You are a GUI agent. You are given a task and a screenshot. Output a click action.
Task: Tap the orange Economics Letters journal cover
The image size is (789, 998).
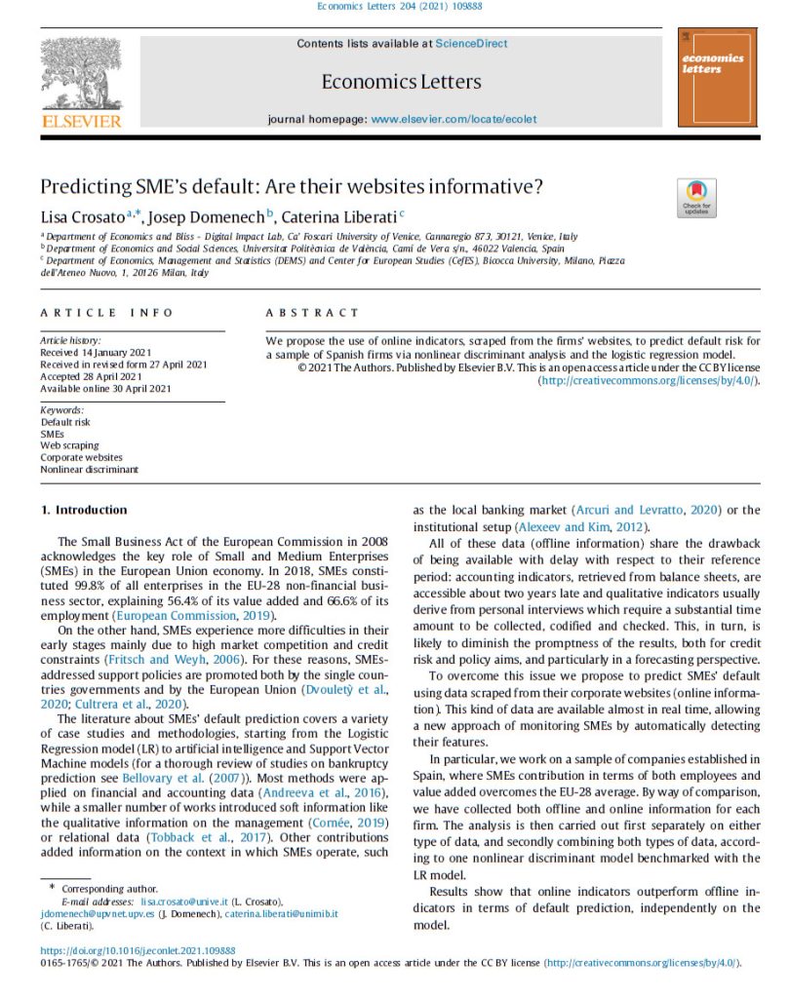(x=717, y=77)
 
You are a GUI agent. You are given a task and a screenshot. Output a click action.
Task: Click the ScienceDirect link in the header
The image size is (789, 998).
(x=471, y=44)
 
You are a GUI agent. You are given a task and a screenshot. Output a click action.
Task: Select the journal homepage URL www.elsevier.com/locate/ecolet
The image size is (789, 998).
(x=454, y=119)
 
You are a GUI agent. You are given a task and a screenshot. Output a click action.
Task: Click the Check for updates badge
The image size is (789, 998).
(x=696, y=198)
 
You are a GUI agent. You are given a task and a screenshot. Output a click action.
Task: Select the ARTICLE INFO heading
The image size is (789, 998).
(x=106, y=313)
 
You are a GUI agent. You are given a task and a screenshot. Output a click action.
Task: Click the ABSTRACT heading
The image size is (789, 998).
(x=312, y=313)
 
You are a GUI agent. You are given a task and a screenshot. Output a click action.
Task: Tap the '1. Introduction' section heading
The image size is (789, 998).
(x=84, y=510)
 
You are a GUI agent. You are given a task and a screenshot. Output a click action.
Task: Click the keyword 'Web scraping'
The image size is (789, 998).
(x=69, y=445)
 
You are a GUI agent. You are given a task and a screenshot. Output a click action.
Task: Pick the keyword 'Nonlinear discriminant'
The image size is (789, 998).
(x=89, y=469)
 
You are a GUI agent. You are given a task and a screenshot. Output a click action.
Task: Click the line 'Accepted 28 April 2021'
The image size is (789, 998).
(x=91, y=377)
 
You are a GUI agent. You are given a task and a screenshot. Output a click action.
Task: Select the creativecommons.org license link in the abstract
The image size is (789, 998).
(x=648, y=380)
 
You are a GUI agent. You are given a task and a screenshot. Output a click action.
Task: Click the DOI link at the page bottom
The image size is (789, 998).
(x=138, y=950)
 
